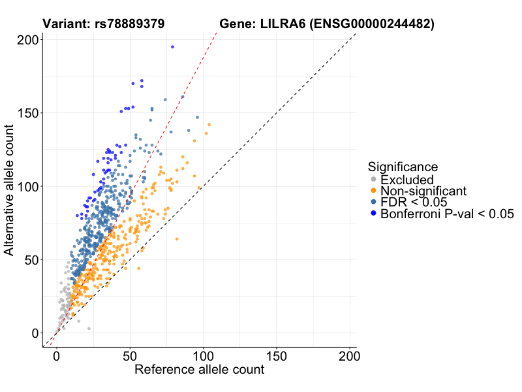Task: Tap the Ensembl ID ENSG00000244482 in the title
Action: click(x=371, y=24)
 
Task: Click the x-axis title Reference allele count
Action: click(x=199, y=370)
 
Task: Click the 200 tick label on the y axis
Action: click(x=27, y=40)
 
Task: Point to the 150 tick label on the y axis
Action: click(x=27, y=113)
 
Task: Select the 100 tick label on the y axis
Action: click(x=27, y=186)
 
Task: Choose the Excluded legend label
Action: click(x=407, y=180)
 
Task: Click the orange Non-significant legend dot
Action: click(x=373, y=191)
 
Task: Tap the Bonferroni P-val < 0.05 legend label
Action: click(x=448, y=214)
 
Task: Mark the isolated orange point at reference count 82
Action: click(x=176, y=239)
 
